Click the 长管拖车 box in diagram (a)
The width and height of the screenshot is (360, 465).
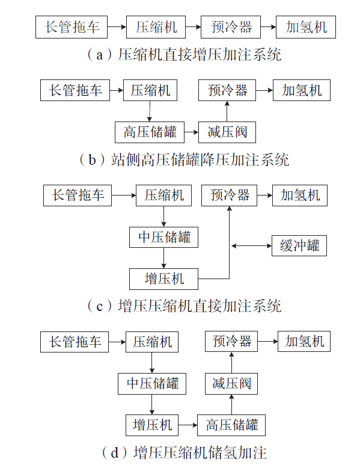[72, 27]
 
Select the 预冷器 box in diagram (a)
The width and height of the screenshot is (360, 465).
[231, 27]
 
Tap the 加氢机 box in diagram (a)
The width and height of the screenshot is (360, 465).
[306, 27]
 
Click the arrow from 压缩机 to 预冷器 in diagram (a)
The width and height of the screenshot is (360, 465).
[193, 27]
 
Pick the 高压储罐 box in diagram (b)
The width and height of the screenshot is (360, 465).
[150, 132]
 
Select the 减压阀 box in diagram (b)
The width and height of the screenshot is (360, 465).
[227, 132]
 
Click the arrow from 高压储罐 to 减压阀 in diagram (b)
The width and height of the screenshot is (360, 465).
[191, 132]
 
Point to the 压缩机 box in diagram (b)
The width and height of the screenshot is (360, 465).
[150, 90]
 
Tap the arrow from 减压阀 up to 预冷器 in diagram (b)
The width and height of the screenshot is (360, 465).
[227, 111]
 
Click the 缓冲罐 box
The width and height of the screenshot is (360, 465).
[299, 246]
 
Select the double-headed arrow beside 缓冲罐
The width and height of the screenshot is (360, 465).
[251, 246]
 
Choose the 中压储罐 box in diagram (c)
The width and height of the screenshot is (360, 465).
[163, 237]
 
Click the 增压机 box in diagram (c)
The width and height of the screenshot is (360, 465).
[163, 279]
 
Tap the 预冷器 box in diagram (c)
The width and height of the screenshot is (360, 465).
[229, 196]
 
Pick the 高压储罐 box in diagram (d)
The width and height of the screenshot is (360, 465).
[231, 425]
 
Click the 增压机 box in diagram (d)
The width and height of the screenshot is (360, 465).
[152, 425]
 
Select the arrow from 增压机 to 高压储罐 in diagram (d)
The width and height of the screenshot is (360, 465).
[188, 425]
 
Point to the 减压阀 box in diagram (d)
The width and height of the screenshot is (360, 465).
[231, 384]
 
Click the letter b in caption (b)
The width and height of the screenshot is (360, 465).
[92, 160]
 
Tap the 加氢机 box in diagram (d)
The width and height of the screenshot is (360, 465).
[304, 342]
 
